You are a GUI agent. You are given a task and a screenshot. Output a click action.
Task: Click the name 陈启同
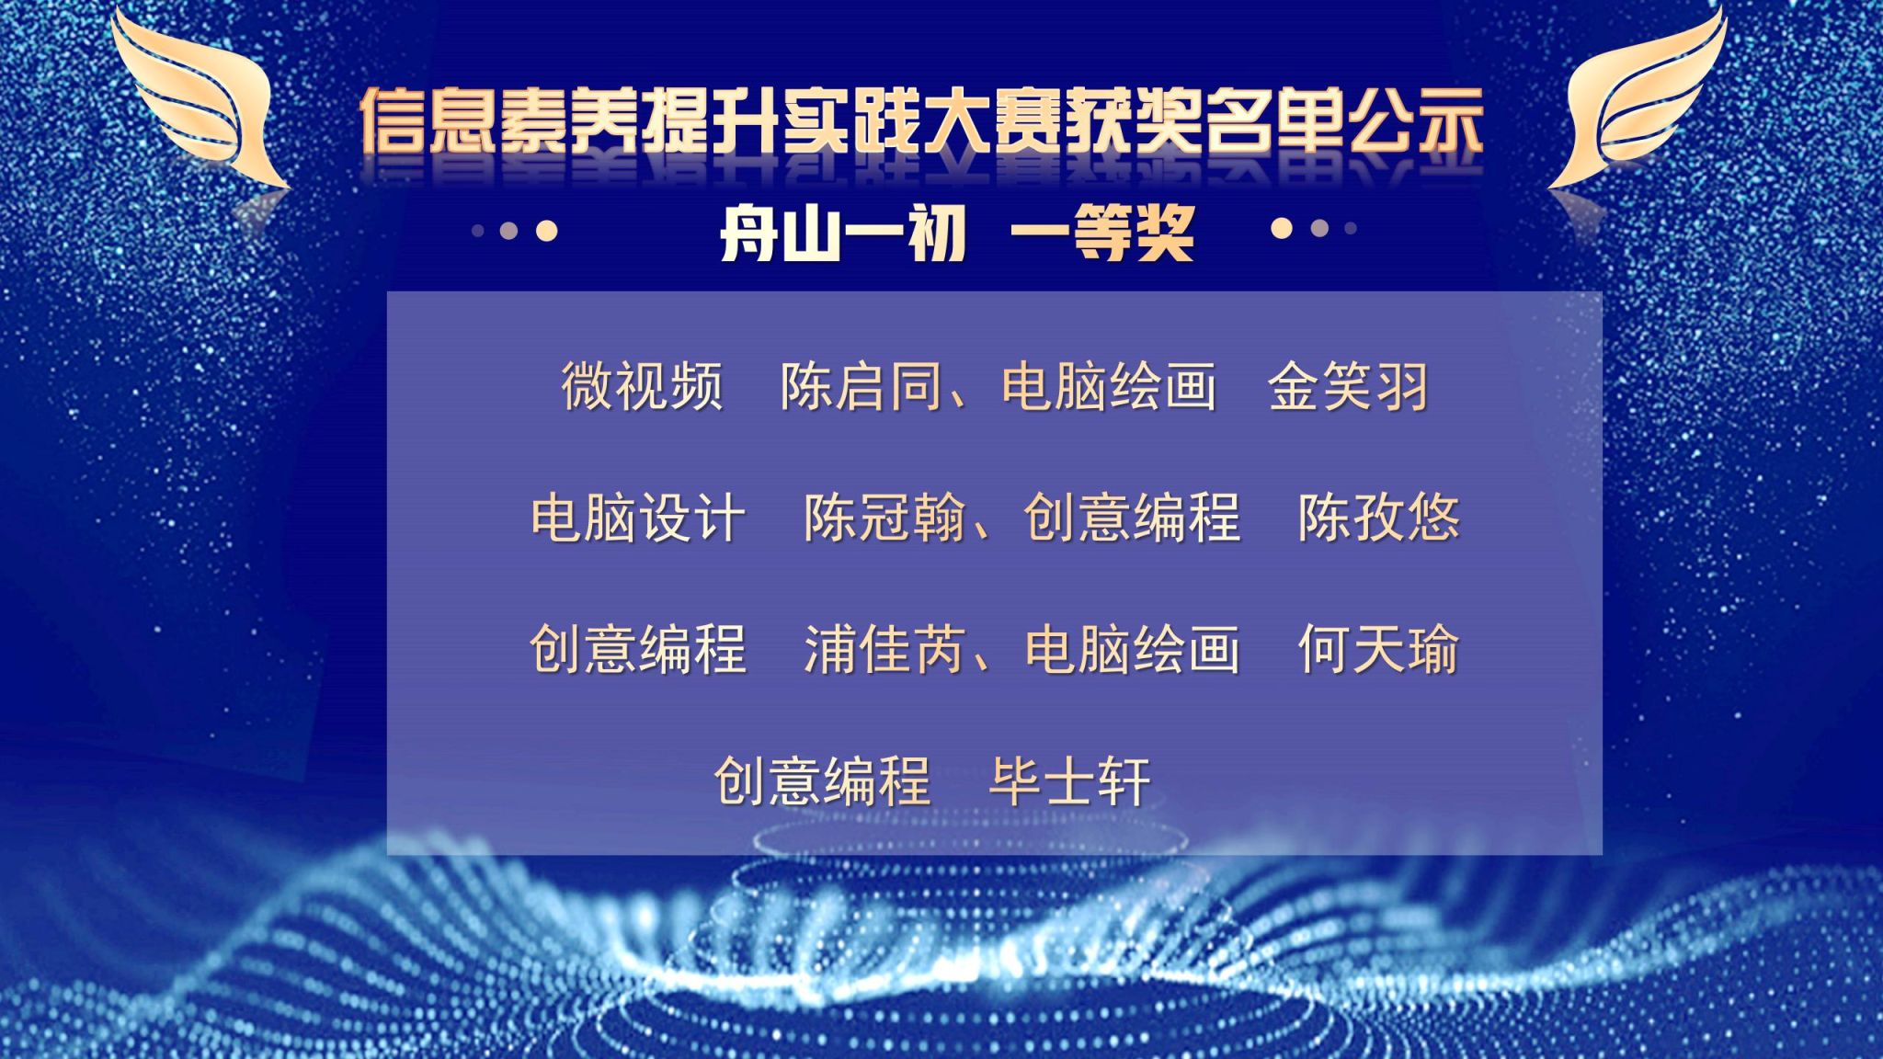861,386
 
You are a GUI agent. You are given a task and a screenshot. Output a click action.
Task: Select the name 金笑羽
1348,386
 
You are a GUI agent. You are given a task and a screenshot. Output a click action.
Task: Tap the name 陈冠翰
884,518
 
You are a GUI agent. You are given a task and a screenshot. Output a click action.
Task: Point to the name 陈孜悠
1378,518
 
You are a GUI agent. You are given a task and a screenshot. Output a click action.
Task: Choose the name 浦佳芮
884,650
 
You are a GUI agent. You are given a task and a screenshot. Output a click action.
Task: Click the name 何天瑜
1378,650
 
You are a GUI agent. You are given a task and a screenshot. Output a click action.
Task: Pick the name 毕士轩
1069,781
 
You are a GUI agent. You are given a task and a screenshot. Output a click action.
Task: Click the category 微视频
642,386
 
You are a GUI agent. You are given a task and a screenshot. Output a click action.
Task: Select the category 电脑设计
638,518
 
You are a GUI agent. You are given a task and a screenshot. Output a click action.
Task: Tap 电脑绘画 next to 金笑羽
1109,386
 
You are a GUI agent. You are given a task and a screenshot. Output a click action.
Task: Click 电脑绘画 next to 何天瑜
1133,650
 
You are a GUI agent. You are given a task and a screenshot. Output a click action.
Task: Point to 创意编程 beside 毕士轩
822,781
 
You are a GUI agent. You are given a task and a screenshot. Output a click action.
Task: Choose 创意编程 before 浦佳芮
638,650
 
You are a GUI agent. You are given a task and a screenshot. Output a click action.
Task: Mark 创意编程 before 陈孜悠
1133,518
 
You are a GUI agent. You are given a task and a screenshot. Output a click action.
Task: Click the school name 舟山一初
842,233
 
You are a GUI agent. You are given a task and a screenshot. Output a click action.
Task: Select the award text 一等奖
1102,233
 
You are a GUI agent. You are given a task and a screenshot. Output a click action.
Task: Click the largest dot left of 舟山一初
547,230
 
